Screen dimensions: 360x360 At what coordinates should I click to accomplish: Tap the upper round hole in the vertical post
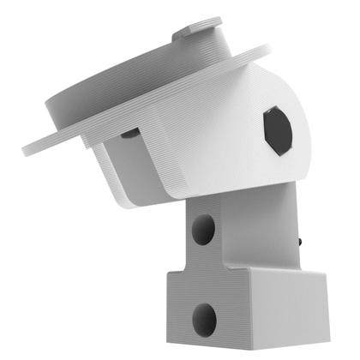click(203, 229)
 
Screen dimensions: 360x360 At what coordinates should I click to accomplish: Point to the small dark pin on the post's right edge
click(302, 243)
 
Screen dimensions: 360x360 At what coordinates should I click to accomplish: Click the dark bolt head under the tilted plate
click(129, 133)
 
